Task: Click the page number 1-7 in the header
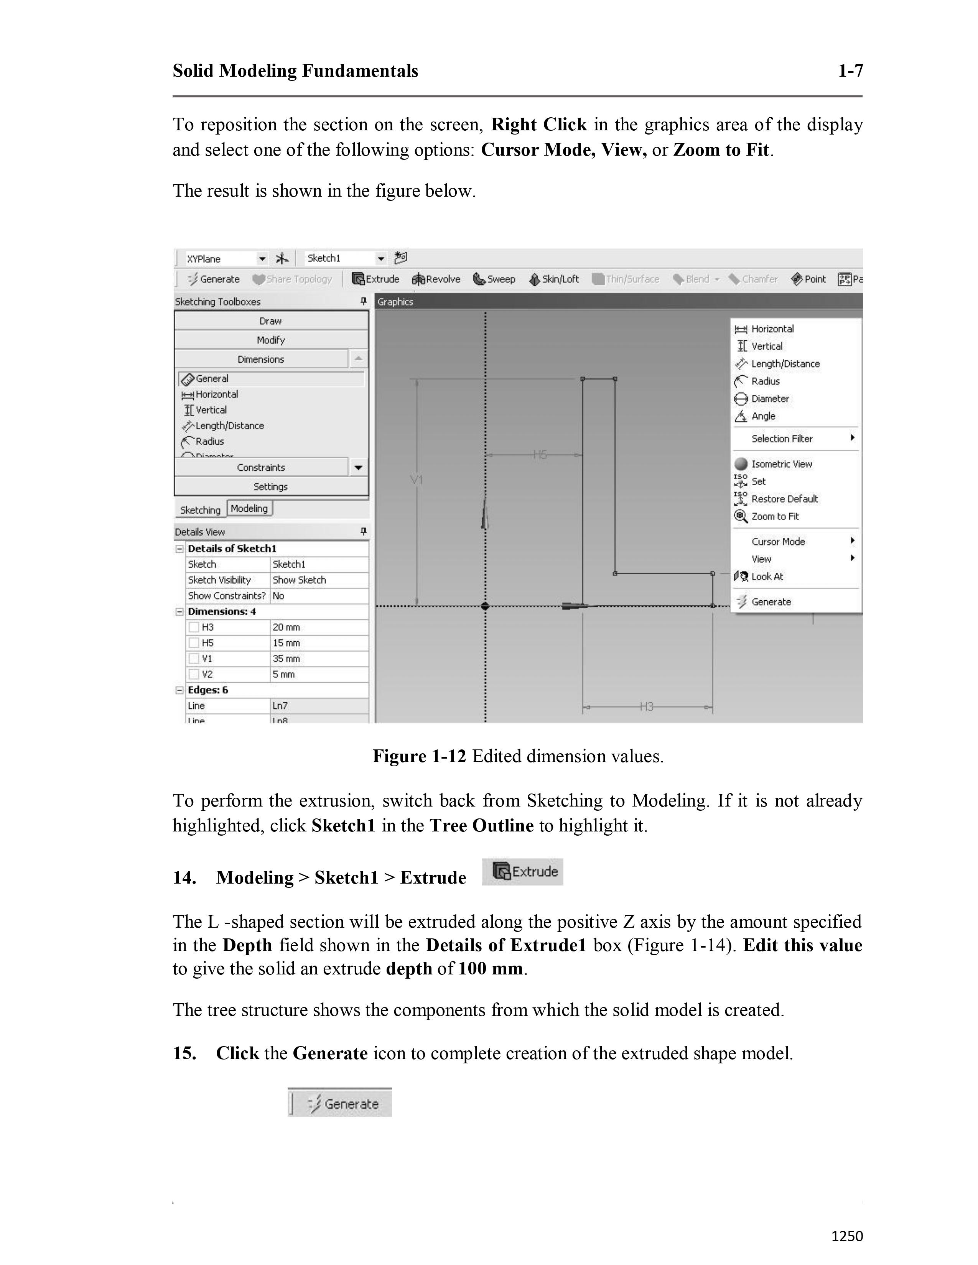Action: pos(850,71)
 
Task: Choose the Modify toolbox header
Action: pos(270,340)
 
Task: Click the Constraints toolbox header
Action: pos(261,467)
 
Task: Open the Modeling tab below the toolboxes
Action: pos(249,509)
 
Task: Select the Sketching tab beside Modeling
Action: pos(200,510)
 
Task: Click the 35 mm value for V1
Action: pos(286,659)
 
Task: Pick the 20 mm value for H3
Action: pos(286,627)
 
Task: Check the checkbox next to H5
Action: pos(194,643)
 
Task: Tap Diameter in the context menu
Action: pos(769,399)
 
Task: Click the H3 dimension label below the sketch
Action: pos(647,706)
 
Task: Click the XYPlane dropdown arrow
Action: pos(262,259)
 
